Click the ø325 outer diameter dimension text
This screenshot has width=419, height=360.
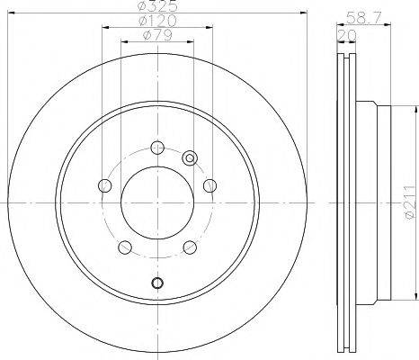click(157, 6)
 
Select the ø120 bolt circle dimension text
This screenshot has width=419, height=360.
click(157, 21)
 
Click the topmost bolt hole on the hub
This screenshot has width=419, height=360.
click(157, 148)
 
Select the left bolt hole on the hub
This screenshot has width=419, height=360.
click(104, 186)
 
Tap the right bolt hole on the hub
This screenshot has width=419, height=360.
click(209, 185)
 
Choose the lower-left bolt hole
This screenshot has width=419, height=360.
click(125, 248)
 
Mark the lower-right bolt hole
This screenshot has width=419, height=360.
click(190, 248)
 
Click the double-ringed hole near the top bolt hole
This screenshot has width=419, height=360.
click(190, 158)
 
